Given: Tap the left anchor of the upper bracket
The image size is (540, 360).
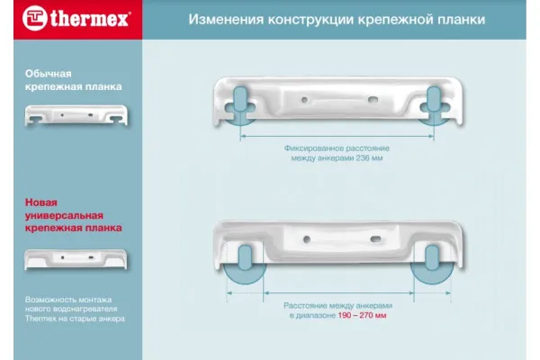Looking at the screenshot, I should click(240, 103).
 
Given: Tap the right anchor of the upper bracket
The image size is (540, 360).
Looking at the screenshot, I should click(434, 103).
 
